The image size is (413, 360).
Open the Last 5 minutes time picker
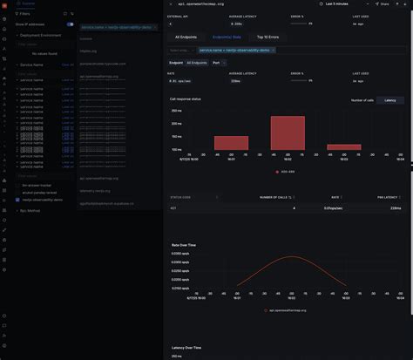click(x=342, y=4)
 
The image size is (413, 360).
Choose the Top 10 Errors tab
click(x=268, y=37)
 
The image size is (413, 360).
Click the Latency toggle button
click(x=389, y=100)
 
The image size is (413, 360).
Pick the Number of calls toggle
click(x=362, y=100)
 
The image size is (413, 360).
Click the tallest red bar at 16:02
click(x=287, y=133)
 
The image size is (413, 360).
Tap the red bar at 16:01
click(x=232, y=143)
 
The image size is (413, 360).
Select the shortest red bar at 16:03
click(x=342, y=147)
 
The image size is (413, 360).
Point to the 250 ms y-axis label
click(x=176, y=111)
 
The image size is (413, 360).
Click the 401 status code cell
click(x=174, y=208)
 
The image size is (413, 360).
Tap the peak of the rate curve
click(x=287, y=257)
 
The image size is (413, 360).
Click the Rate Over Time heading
click(x=184, y=244)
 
